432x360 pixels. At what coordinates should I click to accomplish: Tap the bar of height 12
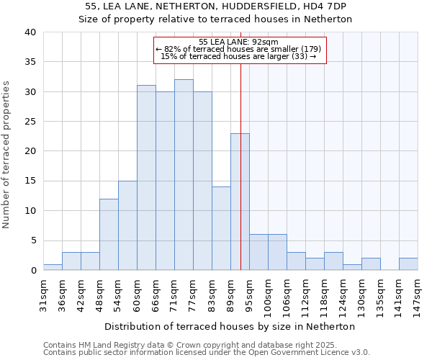tap(109, 234)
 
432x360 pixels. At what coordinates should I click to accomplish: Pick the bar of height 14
tap(221, 228)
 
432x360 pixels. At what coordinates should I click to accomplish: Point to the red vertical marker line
tap(240, 166)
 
